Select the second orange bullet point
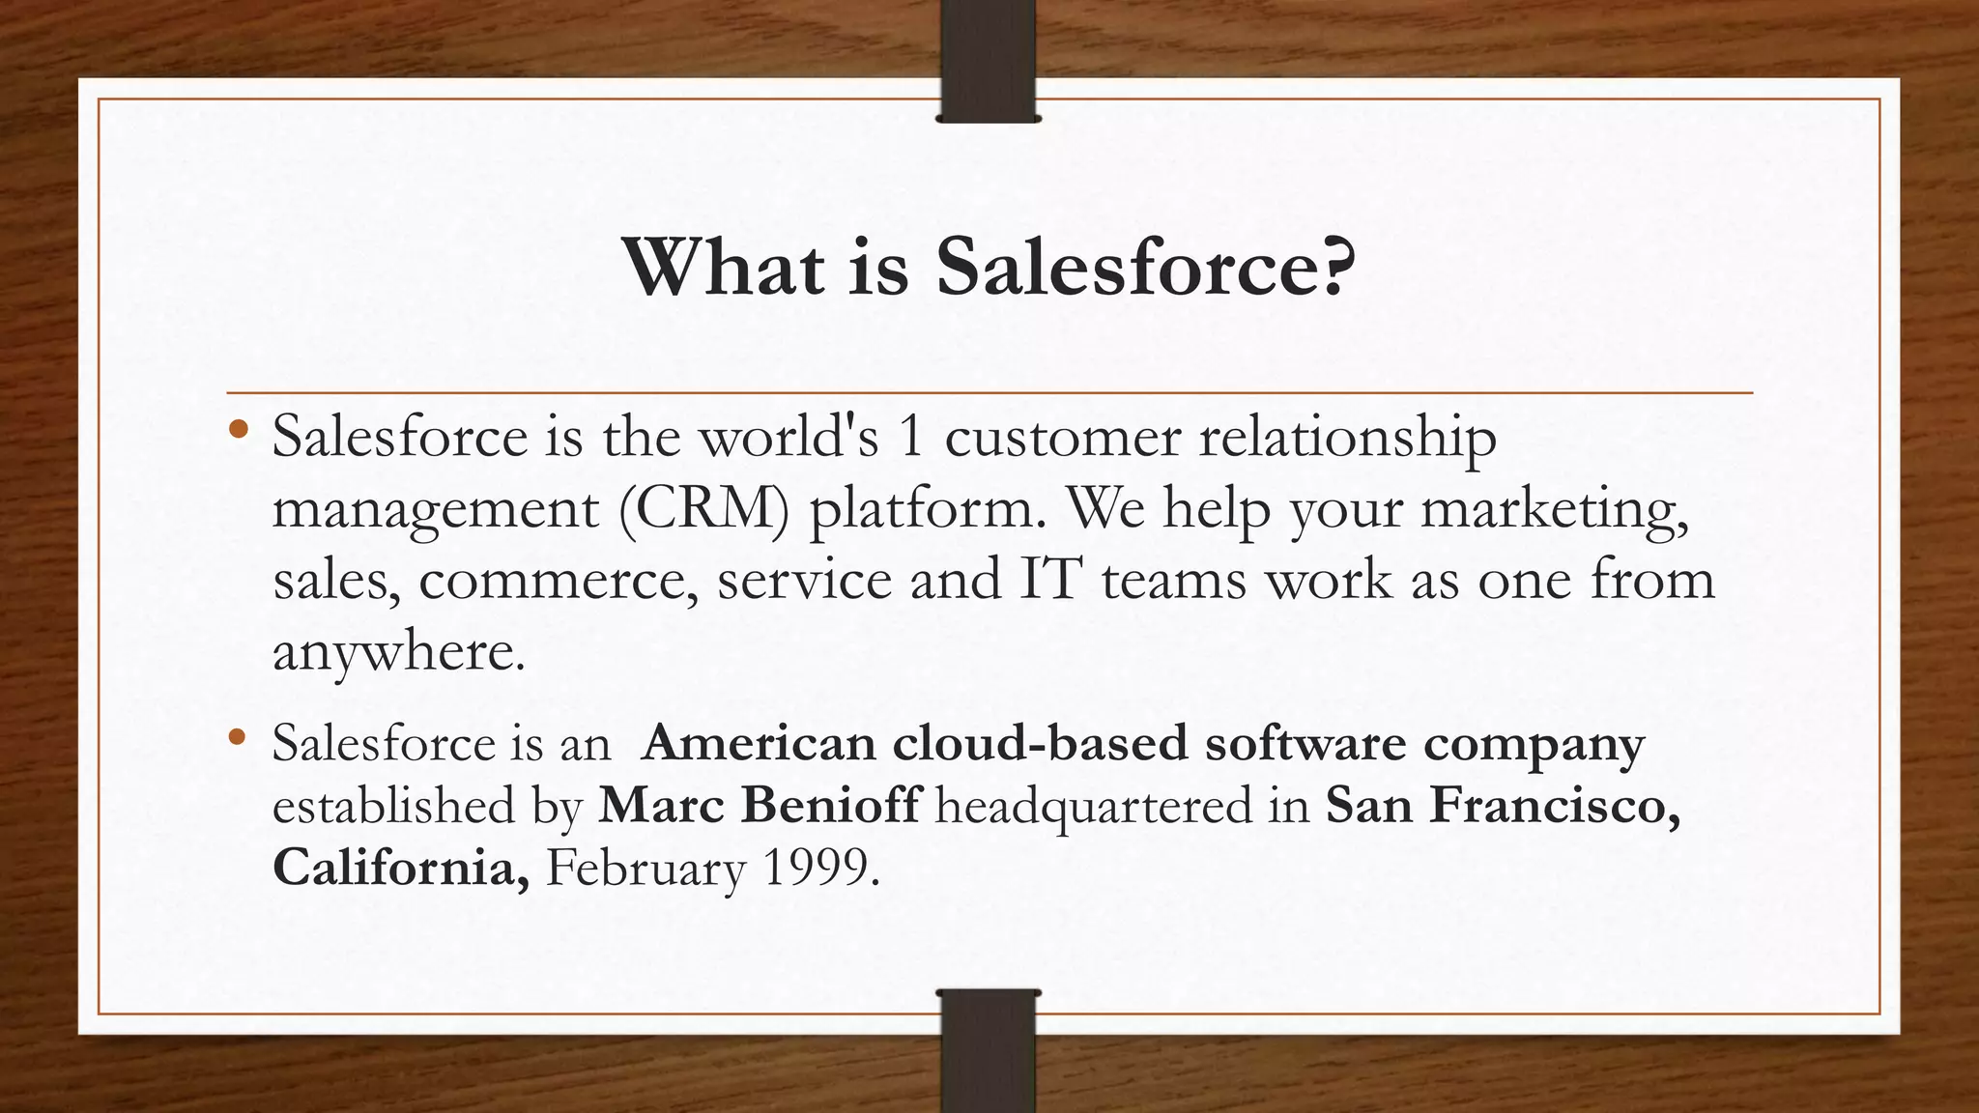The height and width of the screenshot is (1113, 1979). pos(239,738)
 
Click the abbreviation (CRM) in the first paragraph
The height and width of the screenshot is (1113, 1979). pos(703,509)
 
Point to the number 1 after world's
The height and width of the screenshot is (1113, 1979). pos(910,438)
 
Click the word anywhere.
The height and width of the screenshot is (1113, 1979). pos(398,652)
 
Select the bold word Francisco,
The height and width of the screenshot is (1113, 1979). pos(1556,805)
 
